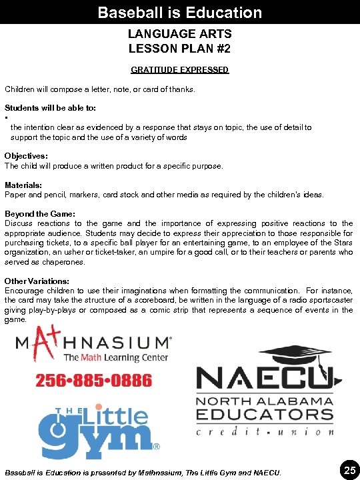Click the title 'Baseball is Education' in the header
click(x=179, y=12)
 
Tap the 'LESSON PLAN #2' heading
click(x=179, y=49)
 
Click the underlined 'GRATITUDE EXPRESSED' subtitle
click(x=179, y=70)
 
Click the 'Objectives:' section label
click(x=26, y=156)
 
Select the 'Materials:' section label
click(x=23, y=185)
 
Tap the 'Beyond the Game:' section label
click(x=40, y=213)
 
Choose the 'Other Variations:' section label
click(x=38, y=281)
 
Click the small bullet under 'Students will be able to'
click(x=6, y=118)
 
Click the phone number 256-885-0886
click(x=93, y=381)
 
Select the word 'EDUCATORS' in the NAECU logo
click(x=264, y=415)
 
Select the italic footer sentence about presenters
click(x=143, y=473)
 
